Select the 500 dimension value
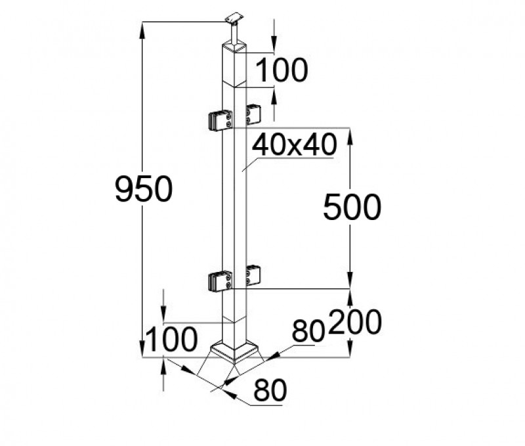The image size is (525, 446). point(352,208)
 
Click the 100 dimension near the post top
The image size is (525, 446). point(280,70)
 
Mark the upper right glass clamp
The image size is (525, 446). point(253,114)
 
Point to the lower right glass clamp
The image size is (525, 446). point(253,275)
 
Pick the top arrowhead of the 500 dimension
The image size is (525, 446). point(351,135)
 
